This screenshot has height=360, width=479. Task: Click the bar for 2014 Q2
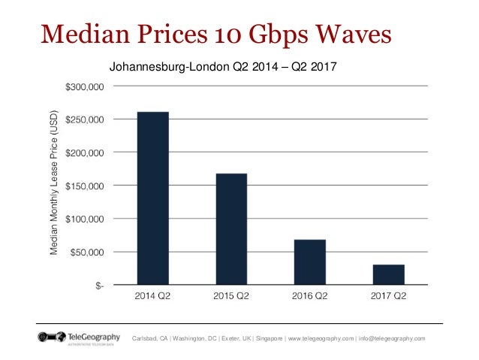pyautogui.click(x=152, y=198)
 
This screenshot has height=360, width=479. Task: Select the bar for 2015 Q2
pyautogui.click(x=231, y=229)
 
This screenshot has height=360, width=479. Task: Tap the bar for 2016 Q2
pyautogui.click(x=309, y=262)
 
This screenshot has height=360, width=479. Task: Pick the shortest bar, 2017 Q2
pyautogui.click(x=388, y=274)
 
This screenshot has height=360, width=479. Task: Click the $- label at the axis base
pyautogui.click(x=99, y=285)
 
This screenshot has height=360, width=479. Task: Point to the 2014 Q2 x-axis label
pyautogui.click(x=152, y=295)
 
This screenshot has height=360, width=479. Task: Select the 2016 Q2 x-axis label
pyautogui.click(x=309, y=295)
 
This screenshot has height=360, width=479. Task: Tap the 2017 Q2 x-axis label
pyautogui.click(x=388, y=295)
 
